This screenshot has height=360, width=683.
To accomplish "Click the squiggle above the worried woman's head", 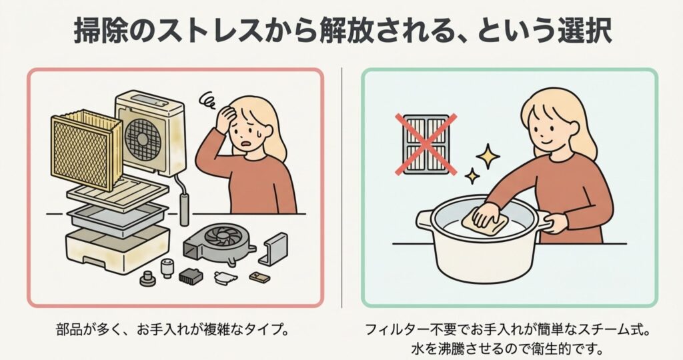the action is click(x=209, y=100).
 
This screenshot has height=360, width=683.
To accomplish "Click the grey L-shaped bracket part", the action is click(x=273, y=249).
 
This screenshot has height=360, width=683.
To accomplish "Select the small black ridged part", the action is click(x=190, y=275).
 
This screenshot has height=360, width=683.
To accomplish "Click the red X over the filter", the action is click(x=426, y=144).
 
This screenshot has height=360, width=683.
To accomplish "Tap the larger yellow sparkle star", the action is click(x=488, y=156).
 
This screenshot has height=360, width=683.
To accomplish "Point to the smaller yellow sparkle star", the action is click(x=472, y=176).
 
